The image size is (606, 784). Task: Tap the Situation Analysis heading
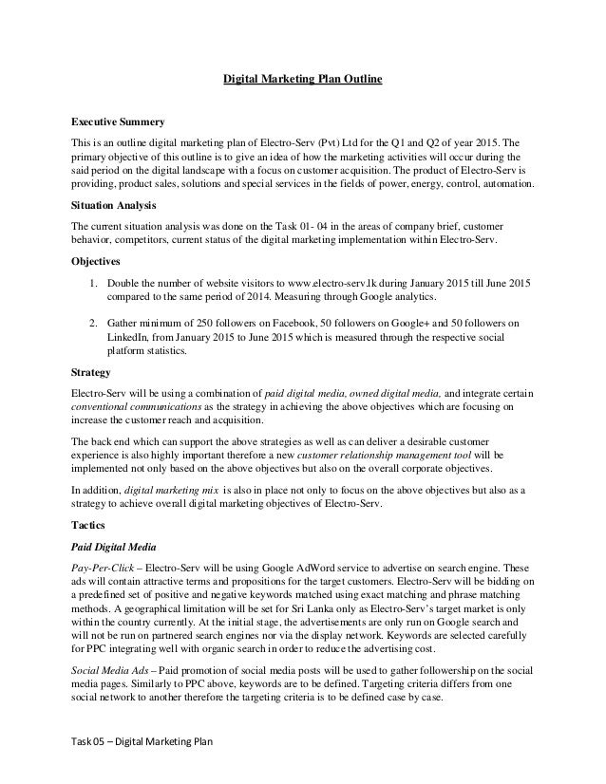pyautogui.click(x=115, y=204)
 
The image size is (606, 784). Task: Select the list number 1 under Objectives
pyautogui.click(x=91, y=283)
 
